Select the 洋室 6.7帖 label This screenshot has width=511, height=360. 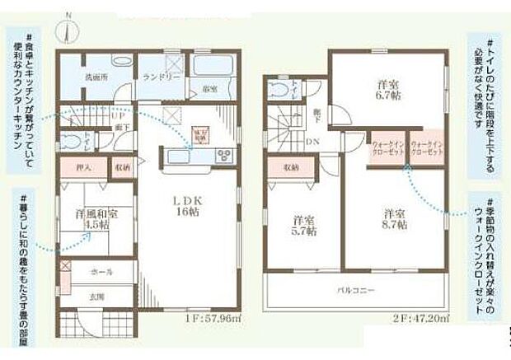tap(388, 88)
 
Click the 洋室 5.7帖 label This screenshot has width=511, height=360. tap(304, 225)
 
